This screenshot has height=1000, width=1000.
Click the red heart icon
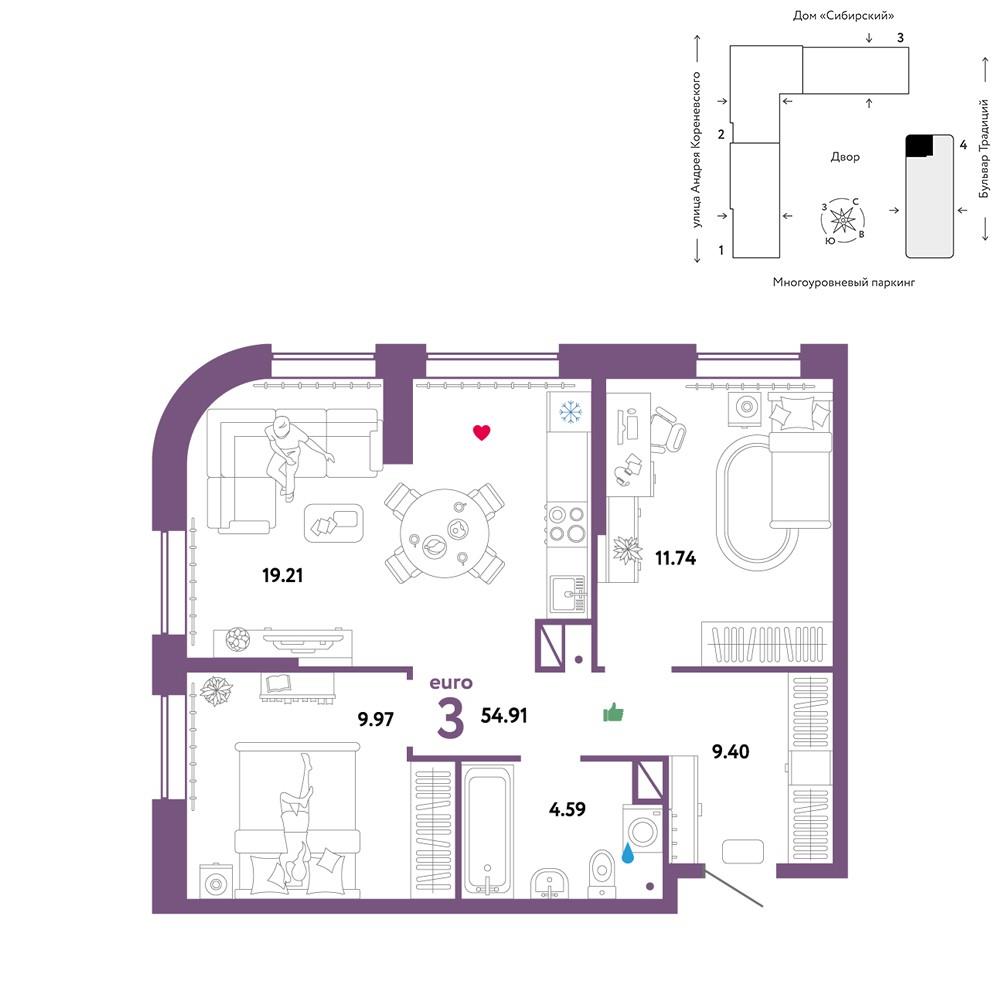482,432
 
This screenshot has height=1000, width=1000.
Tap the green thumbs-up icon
613,712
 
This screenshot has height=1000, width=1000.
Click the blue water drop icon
628,853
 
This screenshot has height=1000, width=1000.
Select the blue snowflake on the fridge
570,411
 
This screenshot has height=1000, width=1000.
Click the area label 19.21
283,575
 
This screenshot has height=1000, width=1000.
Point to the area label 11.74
675,558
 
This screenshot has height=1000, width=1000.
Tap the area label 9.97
376,719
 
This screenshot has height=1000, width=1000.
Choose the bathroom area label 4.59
567,809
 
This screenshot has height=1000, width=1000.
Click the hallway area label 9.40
730,751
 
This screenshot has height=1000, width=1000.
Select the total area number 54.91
504,715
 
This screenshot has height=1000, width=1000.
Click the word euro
451,683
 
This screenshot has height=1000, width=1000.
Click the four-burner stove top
567,523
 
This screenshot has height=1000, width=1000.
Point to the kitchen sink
568,594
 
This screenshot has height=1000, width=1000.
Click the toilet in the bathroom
601,873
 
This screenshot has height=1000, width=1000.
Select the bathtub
487,830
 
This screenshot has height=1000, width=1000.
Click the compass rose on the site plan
842,221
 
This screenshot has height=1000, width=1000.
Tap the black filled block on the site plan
919,145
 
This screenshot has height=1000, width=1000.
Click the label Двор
845,157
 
